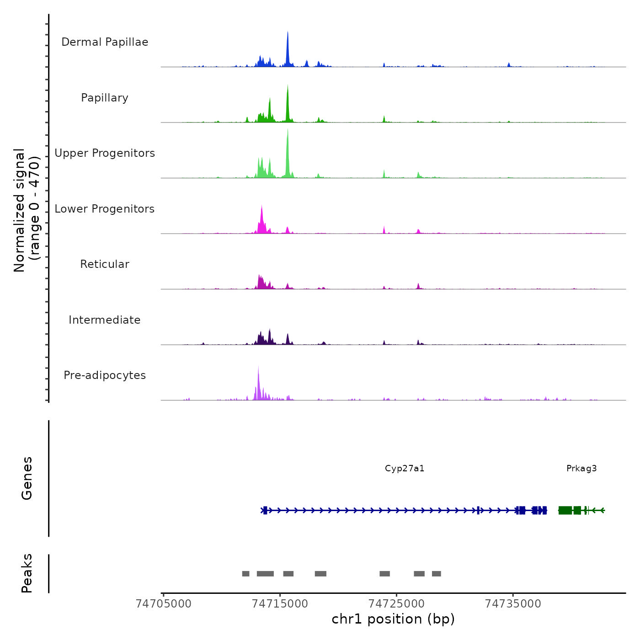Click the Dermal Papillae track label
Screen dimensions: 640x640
click(x=105, y=42)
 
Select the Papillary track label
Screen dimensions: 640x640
click(x=105, y=98)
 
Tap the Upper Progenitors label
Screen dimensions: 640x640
click(x=105, y=153)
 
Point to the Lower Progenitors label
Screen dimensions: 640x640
click(x=105, y=209)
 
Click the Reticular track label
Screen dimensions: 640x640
click(x=105, y=264)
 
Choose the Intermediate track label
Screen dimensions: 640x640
click(x=105, y=320)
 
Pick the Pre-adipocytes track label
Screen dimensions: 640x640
click(x=105, y=375)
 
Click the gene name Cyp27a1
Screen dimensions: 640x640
click(x=405, y=468)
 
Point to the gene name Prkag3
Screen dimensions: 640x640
click(x=581, y=468)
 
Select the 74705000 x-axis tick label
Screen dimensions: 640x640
click(x=164, y=604)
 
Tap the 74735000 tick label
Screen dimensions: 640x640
click(x=513, y=604)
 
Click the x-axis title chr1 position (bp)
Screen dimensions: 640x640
click(x=393, y=619)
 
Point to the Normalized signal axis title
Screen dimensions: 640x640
click(x=27, y=210)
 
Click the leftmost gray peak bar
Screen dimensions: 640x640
click(x=246, y=574)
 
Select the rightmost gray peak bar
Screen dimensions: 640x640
click(x=437, y=574)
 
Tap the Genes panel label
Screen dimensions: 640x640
click(x=27, y=478)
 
